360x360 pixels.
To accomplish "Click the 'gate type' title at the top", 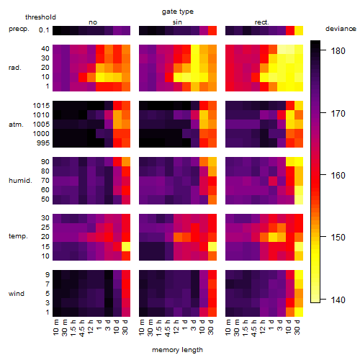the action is click(178, 12).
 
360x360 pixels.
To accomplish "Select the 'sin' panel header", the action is click(177, 22).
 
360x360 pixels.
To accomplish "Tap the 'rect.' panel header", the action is click(261, 22).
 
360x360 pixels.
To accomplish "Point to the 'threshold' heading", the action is click(40, 17).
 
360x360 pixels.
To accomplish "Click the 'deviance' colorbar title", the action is click(341, 29).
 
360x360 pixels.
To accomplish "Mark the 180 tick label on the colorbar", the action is click(338, 51).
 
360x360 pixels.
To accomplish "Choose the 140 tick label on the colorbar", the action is click(338, 300).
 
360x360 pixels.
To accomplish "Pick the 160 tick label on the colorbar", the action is click(338, 176).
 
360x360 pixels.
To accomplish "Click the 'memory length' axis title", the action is click(177, 350).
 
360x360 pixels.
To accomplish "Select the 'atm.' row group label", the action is click(16, 125).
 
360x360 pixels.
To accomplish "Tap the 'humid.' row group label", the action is click(20, 181).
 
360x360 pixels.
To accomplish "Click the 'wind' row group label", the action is click(17, 294).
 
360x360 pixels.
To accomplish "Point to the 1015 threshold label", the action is click(41, 106).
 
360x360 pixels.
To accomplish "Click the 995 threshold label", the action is click(43, 143).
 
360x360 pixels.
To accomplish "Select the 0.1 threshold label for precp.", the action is click(44, 30).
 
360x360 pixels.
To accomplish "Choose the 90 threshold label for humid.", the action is click(45, 162).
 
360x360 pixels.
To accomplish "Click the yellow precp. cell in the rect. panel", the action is click(299, 31).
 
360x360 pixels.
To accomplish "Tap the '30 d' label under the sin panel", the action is click(210, 327).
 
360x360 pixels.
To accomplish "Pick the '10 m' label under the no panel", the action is click(55, 327).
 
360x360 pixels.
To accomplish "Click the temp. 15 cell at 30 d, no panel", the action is click(126, 246).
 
